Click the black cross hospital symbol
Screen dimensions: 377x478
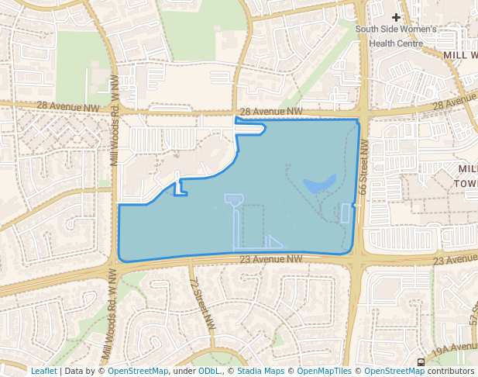[x=397, y=17]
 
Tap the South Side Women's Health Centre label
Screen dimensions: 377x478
[x=396, y=36]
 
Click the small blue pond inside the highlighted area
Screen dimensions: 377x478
[x=319, y=184]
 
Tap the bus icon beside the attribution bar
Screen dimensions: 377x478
[x=421, y=361]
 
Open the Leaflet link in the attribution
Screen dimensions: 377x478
[x=44, y=371]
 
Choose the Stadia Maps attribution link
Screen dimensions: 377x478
[x=260, y=371]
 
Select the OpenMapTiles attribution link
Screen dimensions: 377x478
[x=325, y=371]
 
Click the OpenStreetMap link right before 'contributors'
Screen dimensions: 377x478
[x=394, y=371]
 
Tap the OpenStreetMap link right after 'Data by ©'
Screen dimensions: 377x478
[x=138, y=371]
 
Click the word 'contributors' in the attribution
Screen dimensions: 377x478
[x=450, y=371]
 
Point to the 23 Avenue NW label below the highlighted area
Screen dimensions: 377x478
[x=270, y=259]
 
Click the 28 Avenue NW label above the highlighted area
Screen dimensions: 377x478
[x=270, y=112]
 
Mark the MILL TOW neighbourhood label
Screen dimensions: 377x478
[x=467, y=176]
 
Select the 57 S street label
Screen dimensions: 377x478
[x=472, y=314]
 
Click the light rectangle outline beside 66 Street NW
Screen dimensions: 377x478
[x=346, y=213]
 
